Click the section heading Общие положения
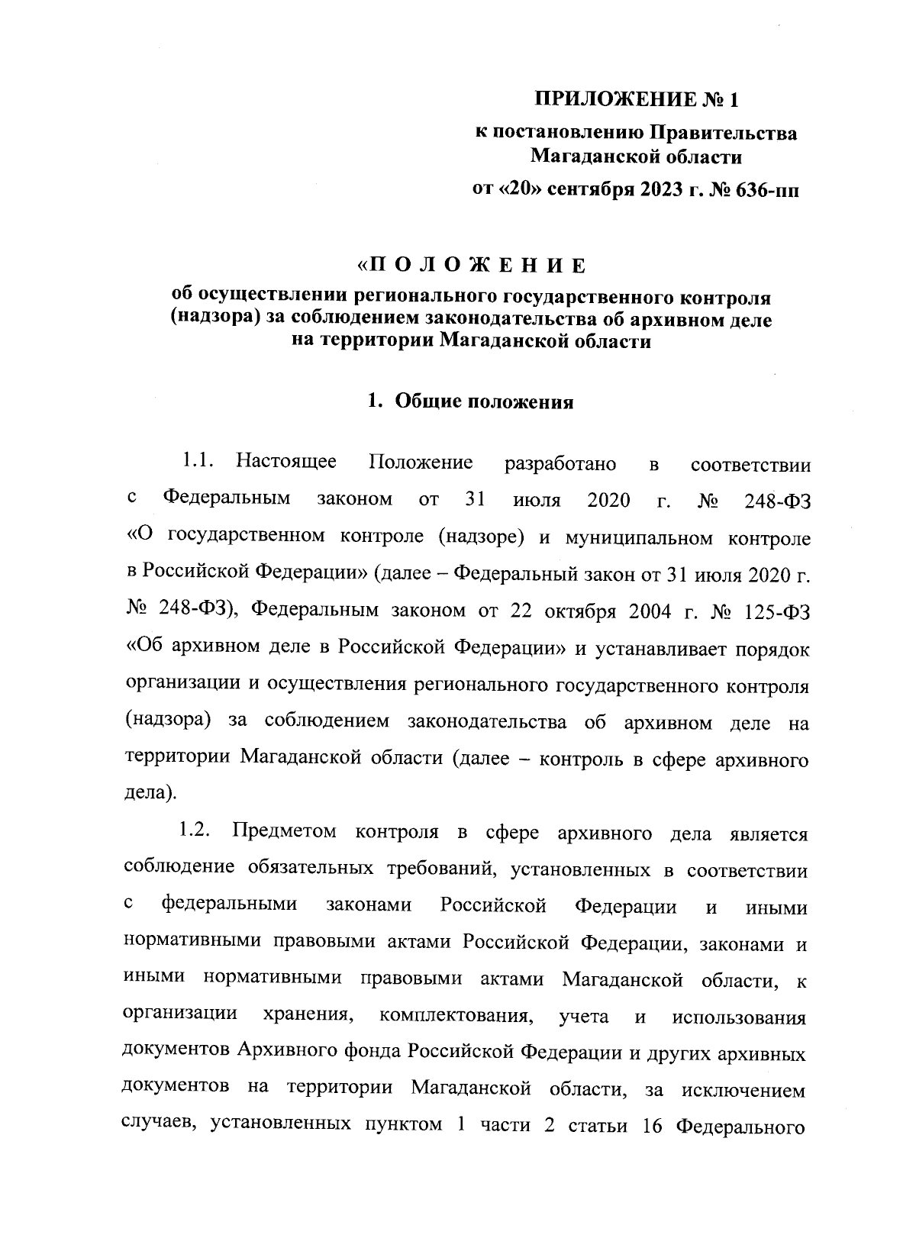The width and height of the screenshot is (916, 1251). (483, 402)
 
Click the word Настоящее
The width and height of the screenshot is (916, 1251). (286, 462)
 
